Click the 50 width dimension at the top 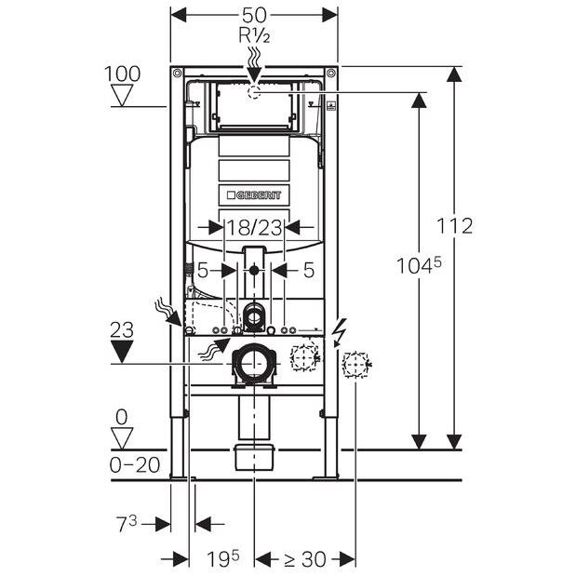pos(254,16)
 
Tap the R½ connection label pos(255,36)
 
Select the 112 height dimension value pos(454,226)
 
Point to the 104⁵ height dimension pos(419,265)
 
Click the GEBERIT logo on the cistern pos(254,195)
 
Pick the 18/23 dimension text pos(254,228)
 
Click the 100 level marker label pos(122,74)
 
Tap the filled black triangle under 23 pos(122,352)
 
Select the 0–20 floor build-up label pos(135,466)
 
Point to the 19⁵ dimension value pos(223,558)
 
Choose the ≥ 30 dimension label pos(305,559)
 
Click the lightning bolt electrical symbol pos(339,332)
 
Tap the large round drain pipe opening pos(253,363)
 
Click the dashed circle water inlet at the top pos(254,92)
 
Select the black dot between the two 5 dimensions pos(254,271)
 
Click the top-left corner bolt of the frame pos(178,73)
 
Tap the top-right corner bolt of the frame pos(331,73)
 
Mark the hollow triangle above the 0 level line pos(122,438)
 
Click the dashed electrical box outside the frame pos(355,365)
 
